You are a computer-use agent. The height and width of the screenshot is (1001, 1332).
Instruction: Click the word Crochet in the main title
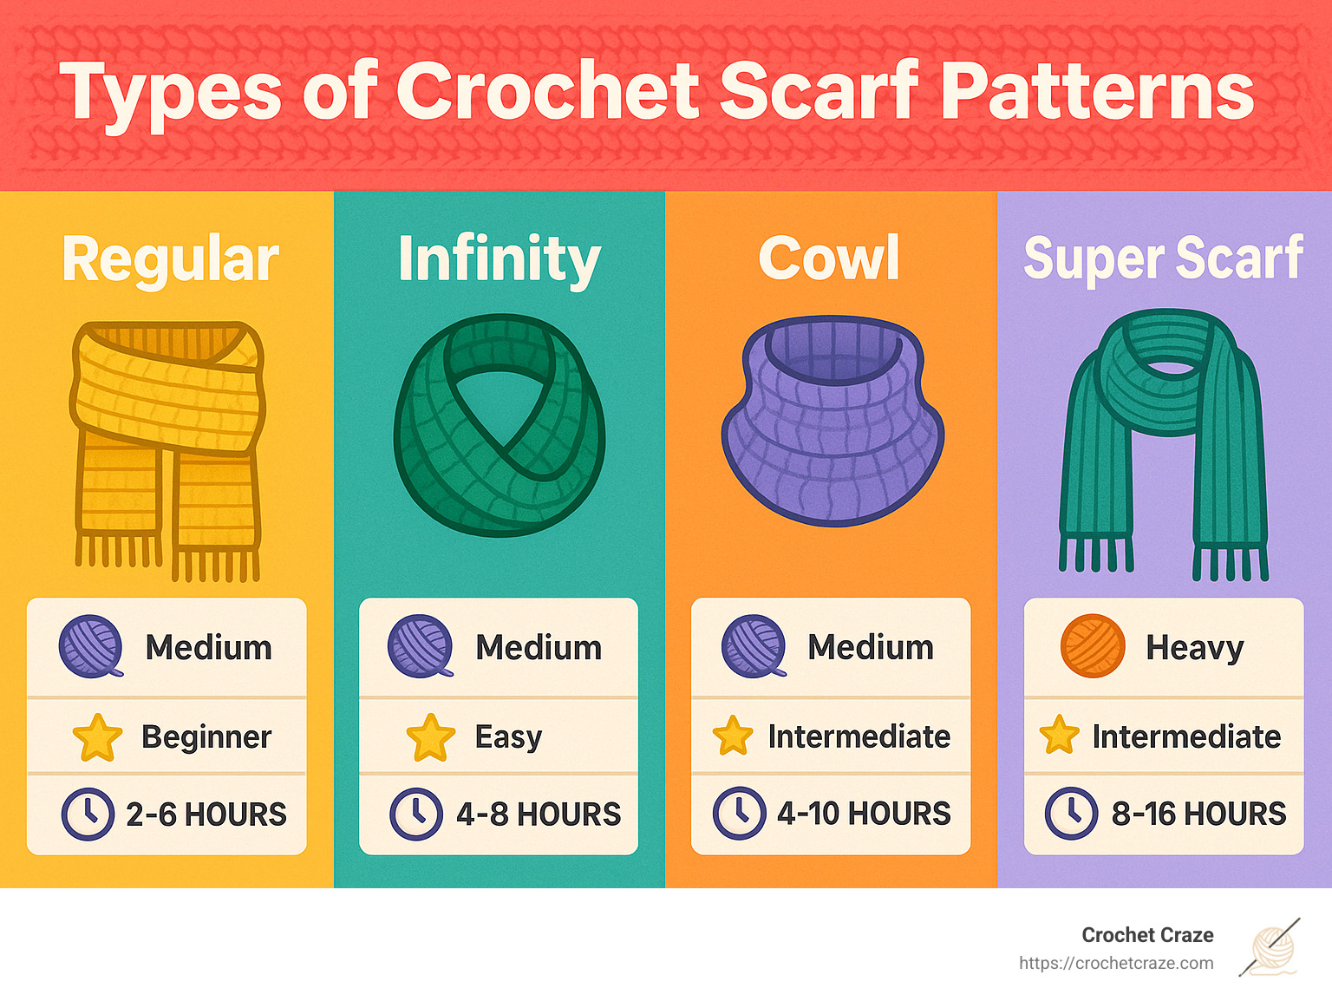[x=547, y=91]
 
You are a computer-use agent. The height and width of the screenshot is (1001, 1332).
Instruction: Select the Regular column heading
[x=171, y=258]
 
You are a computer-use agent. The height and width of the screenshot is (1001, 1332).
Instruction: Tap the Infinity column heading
[x=499, y=259]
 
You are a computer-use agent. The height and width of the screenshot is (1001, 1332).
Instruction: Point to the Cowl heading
[x=829, y=258]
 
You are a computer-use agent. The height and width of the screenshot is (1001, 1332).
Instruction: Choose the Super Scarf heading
[x=1163, y=258]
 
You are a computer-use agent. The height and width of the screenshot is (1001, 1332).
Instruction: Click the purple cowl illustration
[x=832, y=420]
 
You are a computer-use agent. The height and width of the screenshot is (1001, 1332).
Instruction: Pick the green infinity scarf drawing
[x=499, y=425]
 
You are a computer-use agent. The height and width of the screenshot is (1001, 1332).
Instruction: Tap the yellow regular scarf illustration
[x=167, y=447]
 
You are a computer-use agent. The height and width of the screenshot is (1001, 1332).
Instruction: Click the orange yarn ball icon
[x=1093, y=646]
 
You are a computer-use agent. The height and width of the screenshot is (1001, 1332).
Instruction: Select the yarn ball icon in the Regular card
[x=91, y=646]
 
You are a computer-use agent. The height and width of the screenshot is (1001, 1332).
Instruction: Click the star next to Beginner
[x=97, y=737]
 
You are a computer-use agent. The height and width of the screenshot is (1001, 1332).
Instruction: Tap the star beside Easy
[x=430, y=737]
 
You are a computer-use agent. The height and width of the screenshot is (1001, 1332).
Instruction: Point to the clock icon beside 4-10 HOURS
[x=739, y=814]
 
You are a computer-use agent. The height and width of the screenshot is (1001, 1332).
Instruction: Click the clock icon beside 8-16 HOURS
[x=1071, y=814]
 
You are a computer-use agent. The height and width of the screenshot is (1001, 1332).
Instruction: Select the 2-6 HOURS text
[x=206, y=815]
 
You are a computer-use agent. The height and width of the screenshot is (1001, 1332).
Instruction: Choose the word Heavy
[x=1194, y=647]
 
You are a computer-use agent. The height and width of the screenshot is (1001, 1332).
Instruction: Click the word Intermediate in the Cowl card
[x=859, y=736]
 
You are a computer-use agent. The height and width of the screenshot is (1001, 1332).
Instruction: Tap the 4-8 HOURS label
[x=539, y=815]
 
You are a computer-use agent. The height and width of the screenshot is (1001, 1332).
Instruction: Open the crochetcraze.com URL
[x=1116, y=963]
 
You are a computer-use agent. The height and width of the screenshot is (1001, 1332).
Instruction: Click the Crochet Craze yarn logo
[x=1272, y=947]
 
